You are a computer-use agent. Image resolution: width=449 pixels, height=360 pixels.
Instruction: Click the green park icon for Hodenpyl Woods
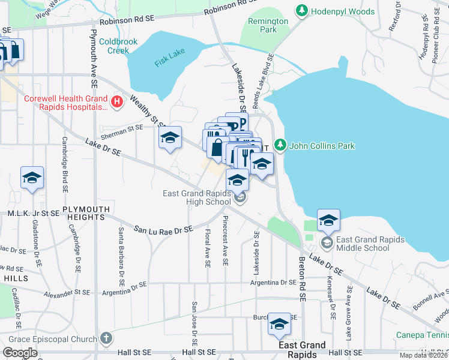302,11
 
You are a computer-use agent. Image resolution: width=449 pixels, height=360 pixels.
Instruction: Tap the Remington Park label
268,25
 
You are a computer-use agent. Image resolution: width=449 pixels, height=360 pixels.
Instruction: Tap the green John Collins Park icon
279,145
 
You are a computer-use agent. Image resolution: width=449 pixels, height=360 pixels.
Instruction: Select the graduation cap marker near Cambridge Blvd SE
32,177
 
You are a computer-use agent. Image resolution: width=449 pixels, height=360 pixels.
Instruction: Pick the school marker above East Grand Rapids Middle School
328,220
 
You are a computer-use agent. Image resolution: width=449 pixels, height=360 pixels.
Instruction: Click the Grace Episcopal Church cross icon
106,338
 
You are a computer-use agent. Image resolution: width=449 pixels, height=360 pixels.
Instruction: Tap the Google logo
20,352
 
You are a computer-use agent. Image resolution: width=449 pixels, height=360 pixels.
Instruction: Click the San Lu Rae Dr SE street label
163,229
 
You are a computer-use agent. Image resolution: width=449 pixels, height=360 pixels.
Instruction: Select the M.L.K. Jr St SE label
34,213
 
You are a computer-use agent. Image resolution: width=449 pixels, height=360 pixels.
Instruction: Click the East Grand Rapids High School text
197,197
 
